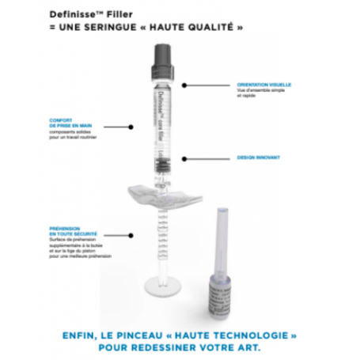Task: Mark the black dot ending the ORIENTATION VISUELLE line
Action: click(x=184, y=83)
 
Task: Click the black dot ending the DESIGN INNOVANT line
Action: click(x=184, y=157)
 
